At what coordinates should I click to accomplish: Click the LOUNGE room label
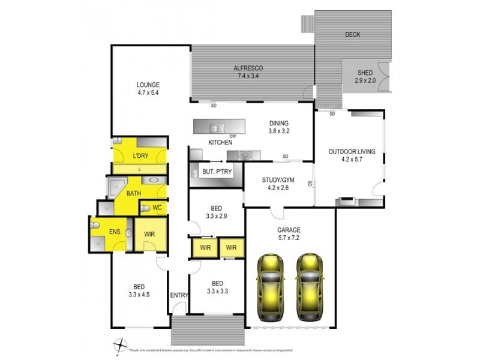click(x=148, y=85)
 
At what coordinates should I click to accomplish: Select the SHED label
click(x=365, y=73)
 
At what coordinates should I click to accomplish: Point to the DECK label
click(x=352, y=35)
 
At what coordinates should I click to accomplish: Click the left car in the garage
click(x=271, y=287)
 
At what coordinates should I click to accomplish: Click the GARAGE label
click(x=289, y=230)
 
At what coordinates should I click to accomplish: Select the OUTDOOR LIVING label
click(x=352, y=152)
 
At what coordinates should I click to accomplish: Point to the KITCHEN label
click(x=220, y=142)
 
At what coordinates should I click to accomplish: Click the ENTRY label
click(x=179, y=295)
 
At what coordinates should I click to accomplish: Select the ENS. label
click(x=115, y=232)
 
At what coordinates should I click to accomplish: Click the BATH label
click(x=133, y=193)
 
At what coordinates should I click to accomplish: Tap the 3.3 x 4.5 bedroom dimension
click(x=139, y=294)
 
